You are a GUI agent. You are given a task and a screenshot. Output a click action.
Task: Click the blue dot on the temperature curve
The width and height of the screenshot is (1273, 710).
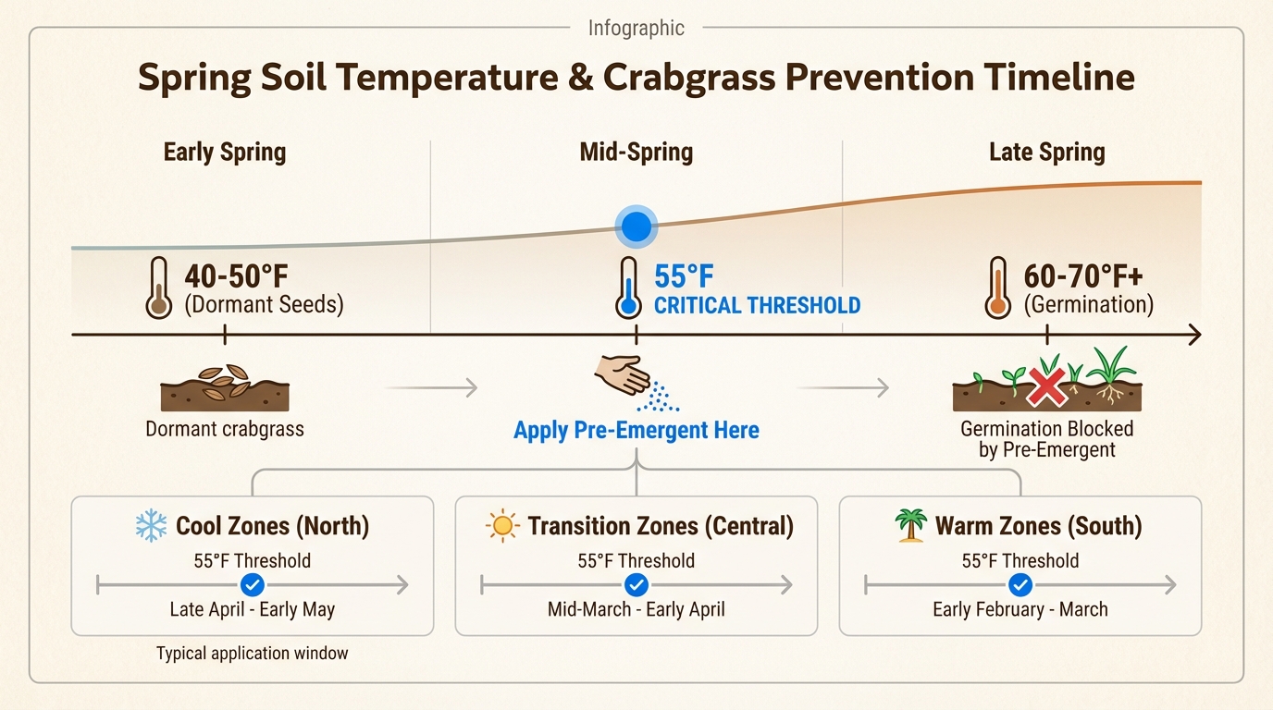pyautogui.click(x=636, y=226)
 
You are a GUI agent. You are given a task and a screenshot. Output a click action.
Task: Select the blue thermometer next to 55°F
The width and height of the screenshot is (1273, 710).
pyautogui.click(x=629, y=288)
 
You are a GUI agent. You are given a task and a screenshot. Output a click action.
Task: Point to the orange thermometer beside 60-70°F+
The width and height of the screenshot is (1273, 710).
pyautogui.click(x=997, y=288)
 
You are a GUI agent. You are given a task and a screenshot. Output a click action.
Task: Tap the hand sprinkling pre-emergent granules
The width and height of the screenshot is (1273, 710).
pyautogui.click(x=623, y=375)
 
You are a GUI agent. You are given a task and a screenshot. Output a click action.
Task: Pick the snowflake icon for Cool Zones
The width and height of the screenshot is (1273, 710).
pyautogui.click(x=151, y=526)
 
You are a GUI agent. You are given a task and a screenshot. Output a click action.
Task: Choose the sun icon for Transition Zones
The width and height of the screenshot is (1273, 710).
pyautogui.click(x=502, y=526)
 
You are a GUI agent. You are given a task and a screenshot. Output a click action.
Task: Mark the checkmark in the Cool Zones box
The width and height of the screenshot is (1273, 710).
pyautogui.click(x=252, y=584)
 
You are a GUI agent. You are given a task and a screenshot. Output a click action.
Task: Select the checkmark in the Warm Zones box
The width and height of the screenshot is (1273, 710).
pyautogui.click(x=1020, y=584)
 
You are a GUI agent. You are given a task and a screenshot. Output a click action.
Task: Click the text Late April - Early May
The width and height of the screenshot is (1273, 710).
pyautogui.click(x=252, y=610)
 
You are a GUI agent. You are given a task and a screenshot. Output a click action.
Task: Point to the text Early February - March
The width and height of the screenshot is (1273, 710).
pyautogui.click(x=1020, y=610)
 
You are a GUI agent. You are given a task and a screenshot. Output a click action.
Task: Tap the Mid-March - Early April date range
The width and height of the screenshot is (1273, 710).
pyautogui.click(x=636, y=610)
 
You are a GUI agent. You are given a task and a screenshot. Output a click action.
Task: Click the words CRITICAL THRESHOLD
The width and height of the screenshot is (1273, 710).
pyautogui.click(x=757, y=305)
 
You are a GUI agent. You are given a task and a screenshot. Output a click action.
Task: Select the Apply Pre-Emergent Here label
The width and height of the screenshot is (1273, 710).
pyautogui.click(x=636, y=430)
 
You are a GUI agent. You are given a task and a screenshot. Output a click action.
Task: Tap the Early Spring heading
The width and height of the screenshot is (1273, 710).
pyautogui.click(x=225, y=153)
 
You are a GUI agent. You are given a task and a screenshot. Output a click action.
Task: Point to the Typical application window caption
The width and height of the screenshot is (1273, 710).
pyautogui.click(x=252, y=654)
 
